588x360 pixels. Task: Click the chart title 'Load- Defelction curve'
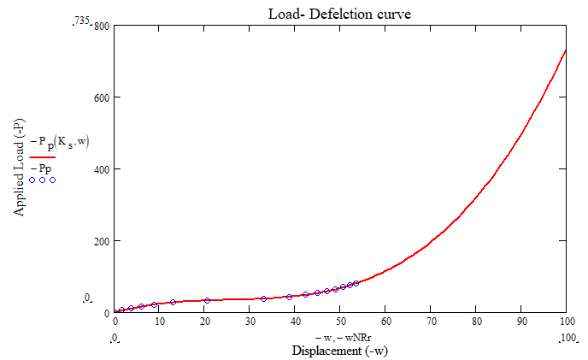(x=340, y=13)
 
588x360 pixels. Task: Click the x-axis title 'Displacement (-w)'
(x=341, y=351)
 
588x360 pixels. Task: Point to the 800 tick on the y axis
(x=100, y=26)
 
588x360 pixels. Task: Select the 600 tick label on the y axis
(x=100, y=97)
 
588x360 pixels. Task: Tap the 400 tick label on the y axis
(x=100, y=169)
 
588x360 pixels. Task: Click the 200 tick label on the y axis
(x=100, y=241)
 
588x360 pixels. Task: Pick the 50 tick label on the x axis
(x=340, y=322)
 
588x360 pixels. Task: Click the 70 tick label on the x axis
(x=431, y=322)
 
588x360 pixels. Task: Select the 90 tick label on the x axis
(x=521, y=322)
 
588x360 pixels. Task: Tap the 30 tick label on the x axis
(x=250, y=322)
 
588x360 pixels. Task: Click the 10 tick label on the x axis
(x=159, y=322)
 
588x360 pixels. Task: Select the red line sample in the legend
(x=42, y=157)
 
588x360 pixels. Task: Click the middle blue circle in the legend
(x=42, y=180)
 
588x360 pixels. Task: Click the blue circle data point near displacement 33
(x=263, y=298)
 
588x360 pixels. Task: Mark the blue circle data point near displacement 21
(x=207, y=300)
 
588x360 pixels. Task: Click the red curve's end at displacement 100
(x=566, y=50)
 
